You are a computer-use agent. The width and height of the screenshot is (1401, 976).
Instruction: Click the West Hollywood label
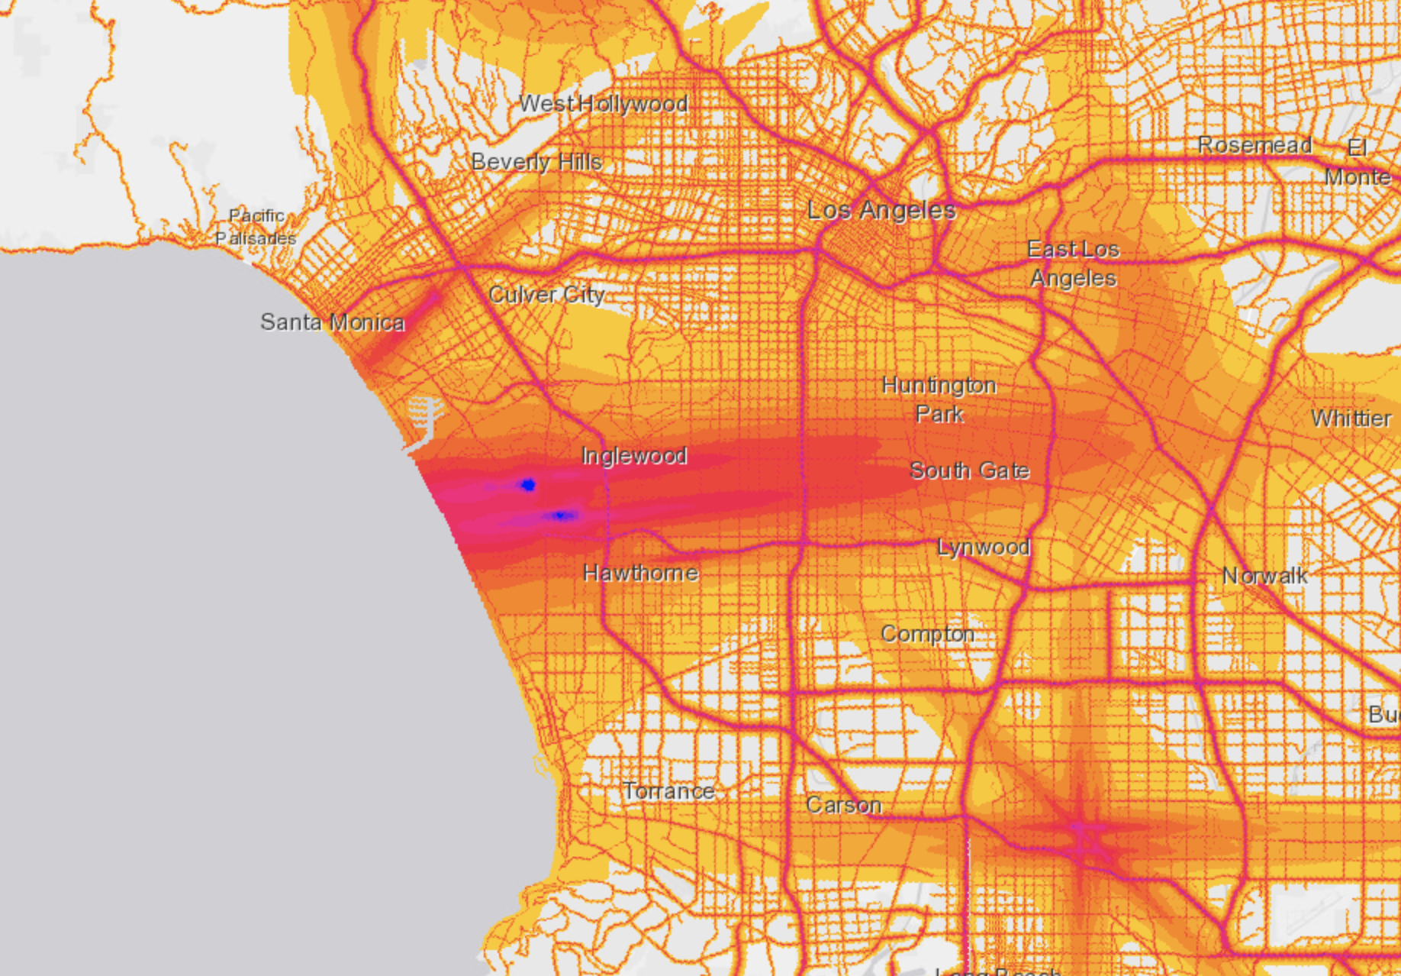(x=604, y=103)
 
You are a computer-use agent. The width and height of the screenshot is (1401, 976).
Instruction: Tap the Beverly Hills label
(x=536, y=162)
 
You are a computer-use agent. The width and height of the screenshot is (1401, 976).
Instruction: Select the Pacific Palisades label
(x=256, y=227)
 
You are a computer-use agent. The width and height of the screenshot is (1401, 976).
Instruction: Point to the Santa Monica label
(x=332, y=322)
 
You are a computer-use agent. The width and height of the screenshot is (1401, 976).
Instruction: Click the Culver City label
(x=546, y=295)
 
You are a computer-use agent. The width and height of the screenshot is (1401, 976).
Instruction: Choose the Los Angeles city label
(x=881, y=210)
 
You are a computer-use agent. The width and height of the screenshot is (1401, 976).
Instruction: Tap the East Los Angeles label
(x=1073, y=263)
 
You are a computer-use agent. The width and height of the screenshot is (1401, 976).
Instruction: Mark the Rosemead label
(x=1254, y=145)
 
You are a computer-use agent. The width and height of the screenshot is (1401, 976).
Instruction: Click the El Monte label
(x=1357, y=162)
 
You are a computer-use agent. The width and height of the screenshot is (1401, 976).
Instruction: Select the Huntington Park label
(x=939, y=399)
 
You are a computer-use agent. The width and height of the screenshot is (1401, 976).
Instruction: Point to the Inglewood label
(x=634, y=456)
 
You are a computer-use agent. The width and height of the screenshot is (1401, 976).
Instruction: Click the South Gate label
(x=969, y=470)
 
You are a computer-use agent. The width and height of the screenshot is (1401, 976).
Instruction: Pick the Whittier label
(x=1351, y=419)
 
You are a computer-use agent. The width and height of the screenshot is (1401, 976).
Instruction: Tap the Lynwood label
(x=984, y=548)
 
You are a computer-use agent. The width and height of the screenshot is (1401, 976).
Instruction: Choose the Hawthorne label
(x=640, y=573)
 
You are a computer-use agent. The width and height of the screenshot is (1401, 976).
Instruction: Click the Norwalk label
(x=1264, y=576)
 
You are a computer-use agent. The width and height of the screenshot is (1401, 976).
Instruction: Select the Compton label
(x=927, y=634)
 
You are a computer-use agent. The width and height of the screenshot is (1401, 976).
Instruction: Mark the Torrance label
(x=668, y=791)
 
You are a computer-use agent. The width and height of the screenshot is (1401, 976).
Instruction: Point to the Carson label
(x=843, y=805)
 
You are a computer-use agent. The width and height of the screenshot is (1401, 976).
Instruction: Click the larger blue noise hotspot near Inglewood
(x=528, y=484)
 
